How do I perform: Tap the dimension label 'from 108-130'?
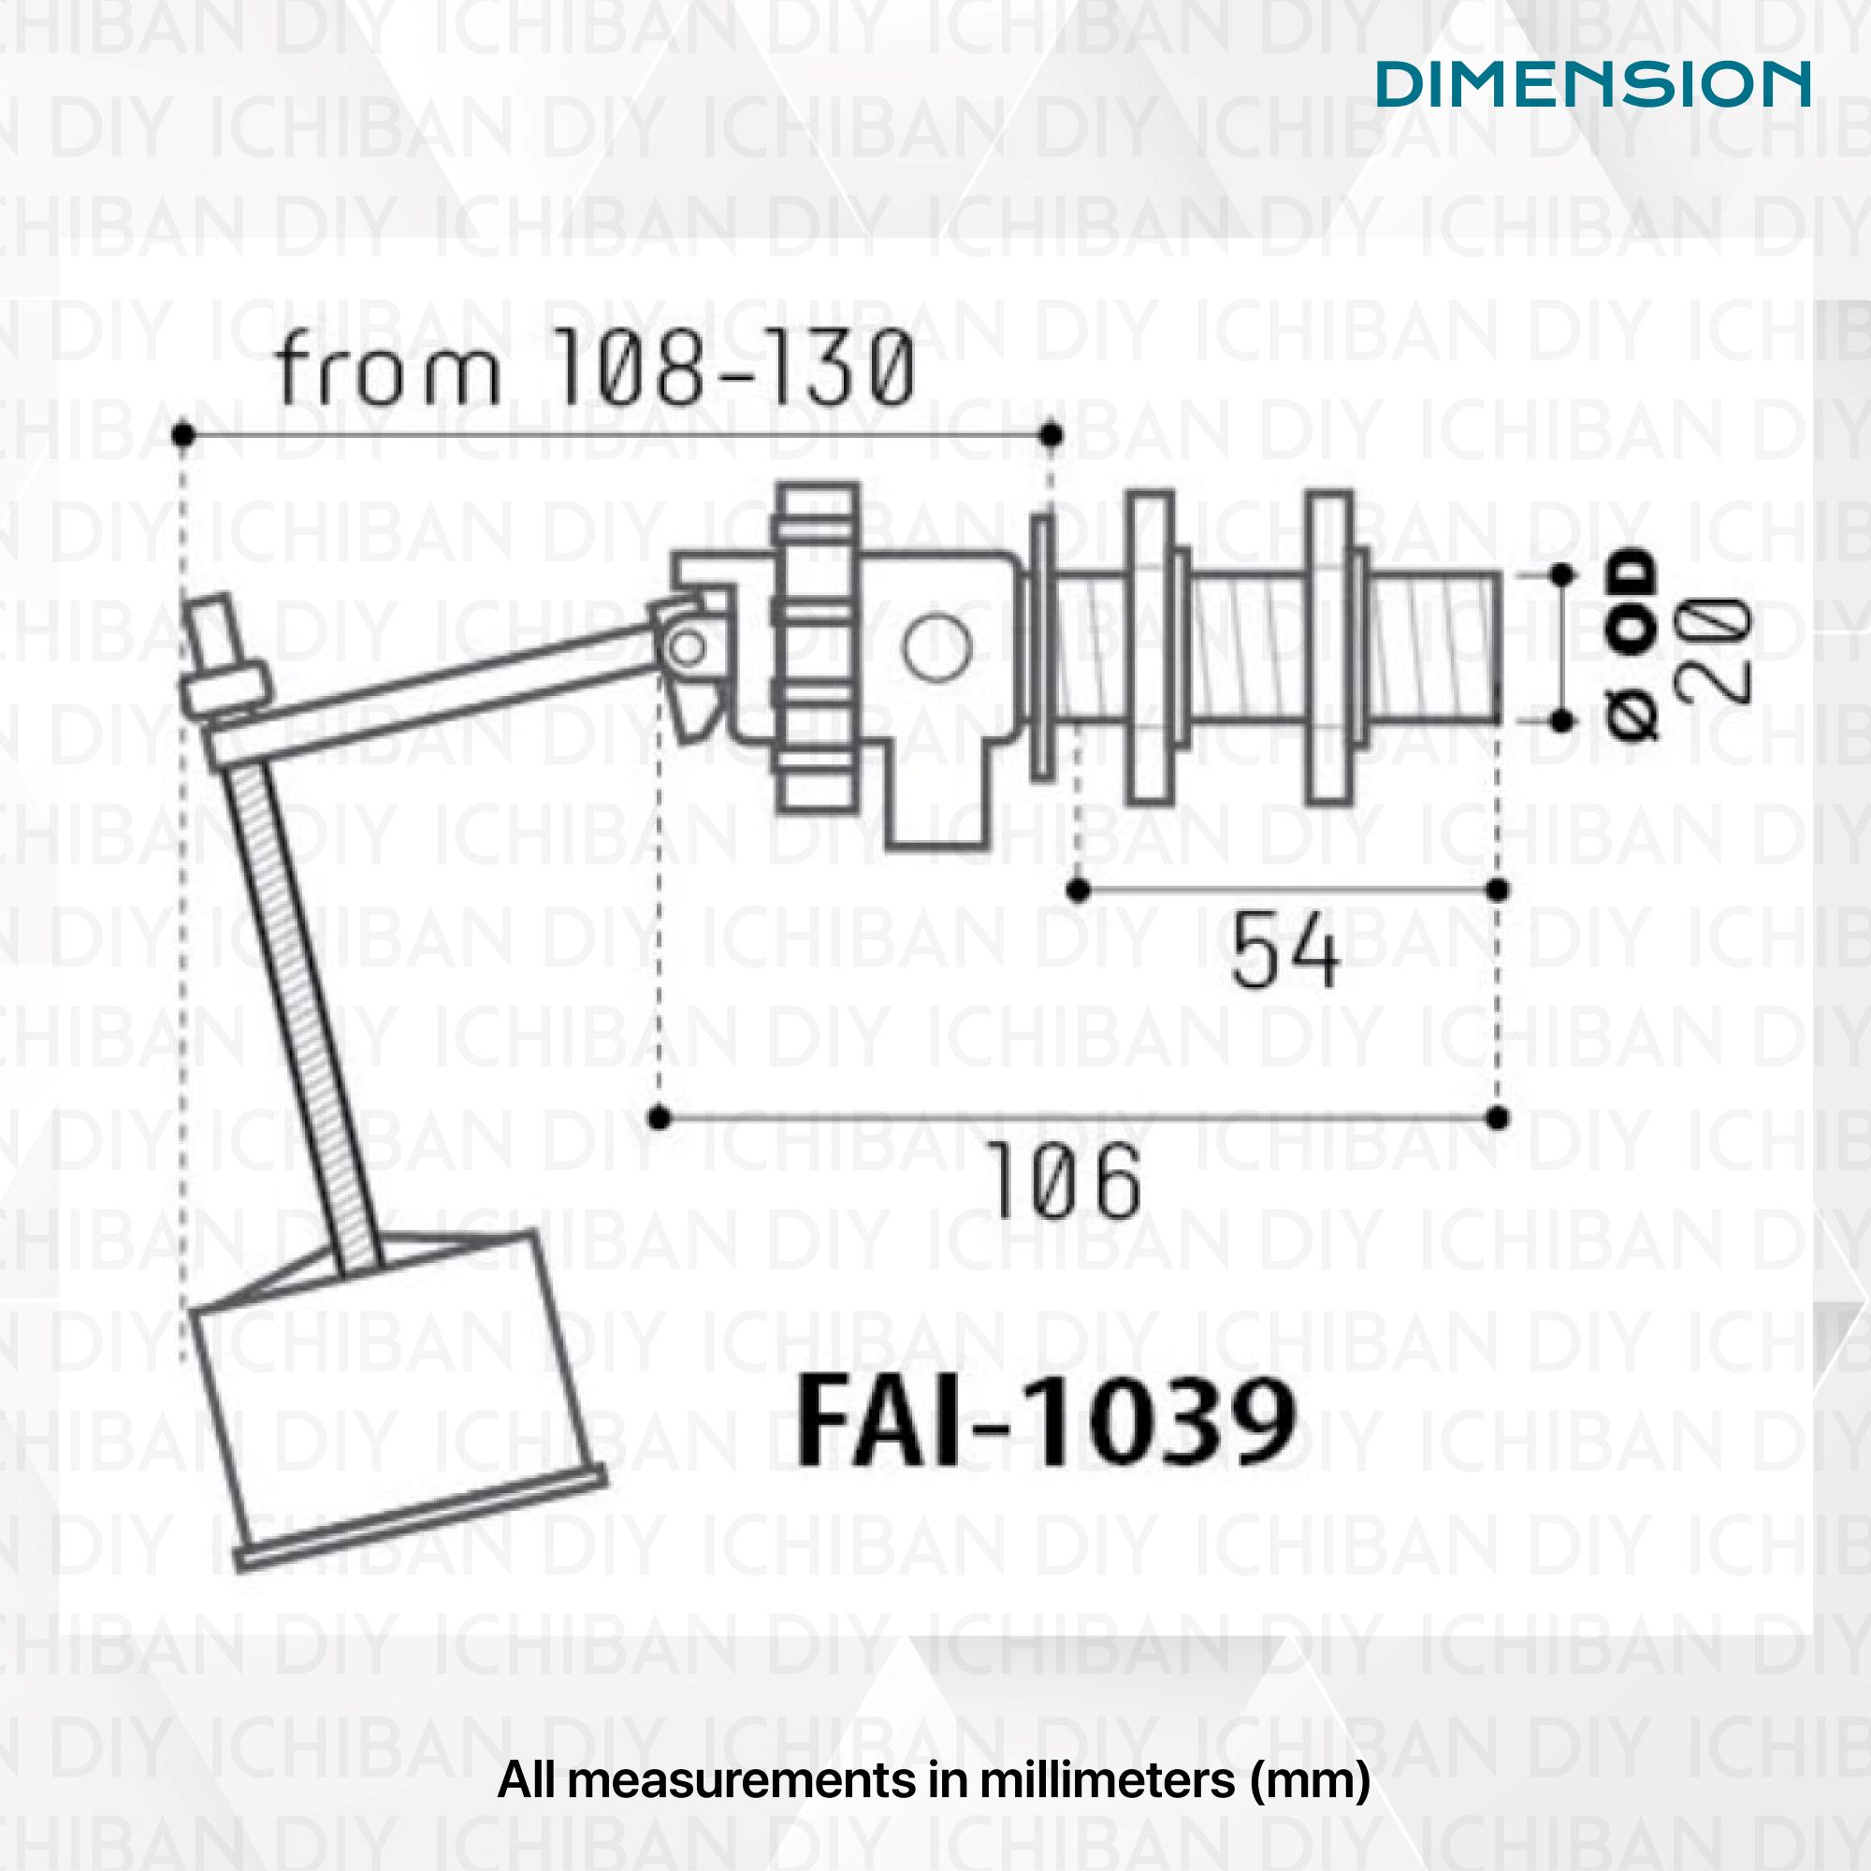(595, 368)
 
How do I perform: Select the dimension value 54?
(1285, 953)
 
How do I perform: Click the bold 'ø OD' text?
(1632, 644)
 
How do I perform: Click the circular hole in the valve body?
(936, 648)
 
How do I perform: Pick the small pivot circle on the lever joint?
(688, 647)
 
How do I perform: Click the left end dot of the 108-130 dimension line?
(183, 435)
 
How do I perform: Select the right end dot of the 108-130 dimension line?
(1053, 435)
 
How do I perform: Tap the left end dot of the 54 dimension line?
(1078, 889)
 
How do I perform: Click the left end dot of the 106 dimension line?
(660, 1119)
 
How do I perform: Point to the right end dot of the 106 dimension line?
(1497, 1119)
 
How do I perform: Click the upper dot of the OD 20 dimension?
(1561, 575)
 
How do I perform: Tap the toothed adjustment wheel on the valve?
(816, 647)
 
